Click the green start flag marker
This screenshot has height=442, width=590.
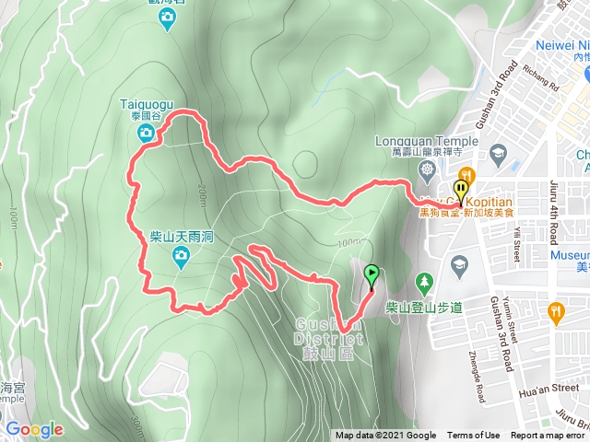pyautogui.click(x=372, y=274)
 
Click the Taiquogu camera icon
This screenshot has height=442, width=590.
pyautogui.click(x=146, y=134)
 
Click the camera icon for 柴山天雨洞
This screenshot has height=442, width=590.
pyautogui.click(x=183, y=255)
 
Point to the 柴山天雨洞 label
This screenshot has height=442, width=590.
pyautogui.click(x=182, y=237)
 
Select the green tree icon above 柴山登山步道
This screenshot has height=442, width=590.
pyautogui.click(x=424, y=280)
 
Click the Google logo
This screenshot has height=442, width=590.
pyautogui.click(x=34, y=429)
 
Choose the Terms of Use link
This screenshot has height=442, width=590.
pyautogui.click(x=473, y=436)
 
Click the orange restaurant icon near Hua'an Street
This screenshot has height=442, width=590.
pyautogui.click(x=554, y=311)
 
